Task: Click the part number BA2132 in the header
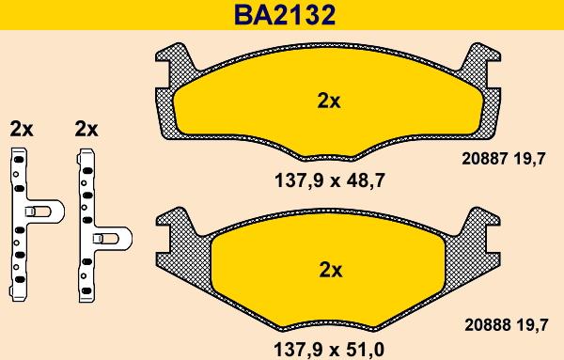tap(285, 15)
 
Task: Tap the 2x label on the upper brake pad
tap(328, 102)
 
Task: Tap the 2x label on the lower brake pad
tap(331, 270)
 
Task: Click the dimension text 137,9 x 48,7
tap(330, 180)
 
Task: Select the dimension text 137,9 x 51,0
tap(329, 350)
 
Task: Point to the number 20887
tap(484, 158)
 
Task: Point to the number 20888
tap(487, 325)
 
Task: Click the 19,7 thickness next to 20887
tap(529, 159)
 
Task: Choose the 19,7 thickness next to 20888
tap(531, 325)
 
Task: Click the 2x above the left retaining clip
tap(22, 129)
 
